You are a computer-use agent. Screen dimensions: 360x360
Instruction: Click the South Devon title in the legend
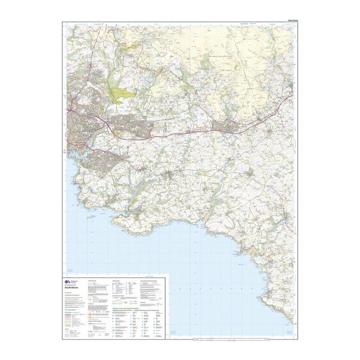tap(78, 288)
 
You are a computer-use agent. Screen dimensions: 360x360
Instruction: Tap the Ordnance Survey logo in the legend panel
tap(69, 281)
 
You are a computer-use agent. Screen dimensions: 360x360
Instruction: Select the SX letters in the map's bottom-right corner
tap(289, 333)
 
